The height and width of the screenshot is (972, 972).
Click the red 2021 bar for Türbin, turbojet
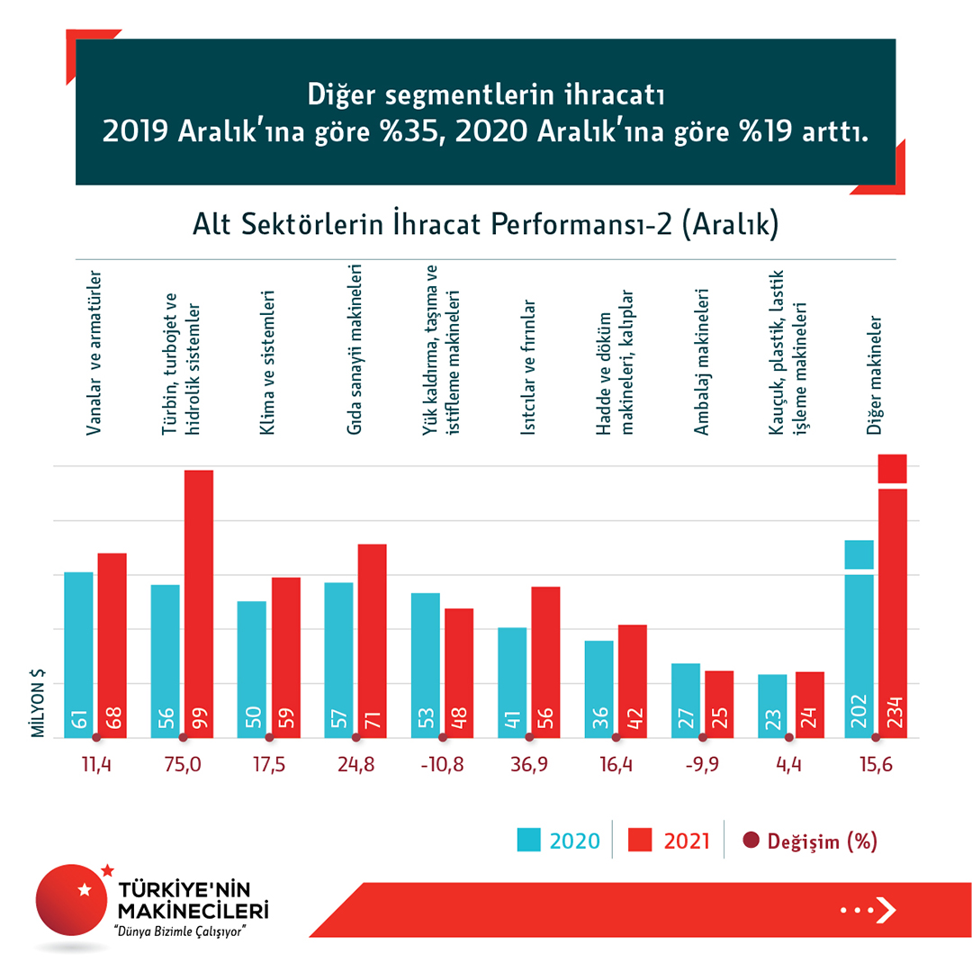[x=199, y=603]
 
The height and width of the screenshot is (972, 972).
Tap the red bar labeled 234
[x=891, y=612]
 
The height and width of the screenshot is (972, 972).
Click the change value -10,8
[x=443, y=765]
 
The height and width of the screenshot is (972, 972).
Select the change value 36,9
[x=529, y=765]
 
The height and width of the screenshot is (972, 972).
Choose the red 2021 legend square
[x=641, y=841]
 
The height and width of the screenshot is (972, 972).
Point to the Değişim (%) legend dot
[x=751, y=841]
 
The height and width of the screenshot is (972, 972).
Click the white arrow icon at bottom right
[x=886, y=910]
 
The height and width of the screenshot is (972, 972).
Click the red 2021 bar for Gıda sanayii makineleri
[x=372, y=640]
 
